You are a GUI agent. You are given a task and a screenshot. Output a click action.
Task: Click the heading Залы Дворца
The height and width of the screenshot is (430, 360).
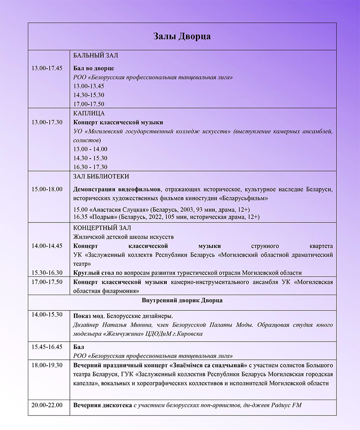click(x=182, y=36)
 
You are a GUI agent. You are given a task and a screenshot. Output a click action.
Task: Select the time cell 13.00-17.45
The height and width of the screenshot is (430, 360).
click(x=47, y=68)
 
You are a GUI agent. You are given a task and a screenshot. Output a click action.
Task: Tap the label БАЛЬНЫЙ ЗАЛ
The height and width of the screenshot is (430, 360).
click(x=96, y=56)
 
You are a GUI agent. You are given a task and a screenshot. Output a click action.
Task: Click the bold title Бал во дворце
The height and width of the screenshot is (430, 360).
click(x=94, y=69)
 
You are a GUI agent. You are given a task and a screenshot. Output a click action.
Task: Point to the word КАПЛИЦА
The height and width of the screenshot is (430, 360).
click(x=89, y=113)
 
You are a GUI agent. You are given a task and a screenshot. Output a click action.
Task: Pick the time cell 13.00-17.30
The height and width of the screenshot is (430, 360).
click(x=47, y=122)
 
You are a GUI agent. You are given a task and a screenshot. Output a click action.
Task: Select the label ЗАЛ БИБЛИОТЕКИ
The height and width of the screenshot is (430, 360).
click(x=102, y=176)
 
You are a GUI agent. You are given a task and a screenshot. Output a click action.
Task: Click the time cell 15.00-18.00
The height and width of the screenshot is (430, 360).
click(x=47, y=189)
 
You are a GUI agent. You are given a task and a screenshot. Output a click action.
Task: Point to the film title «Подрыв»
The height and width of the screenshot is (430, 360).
click(x=103, y=217)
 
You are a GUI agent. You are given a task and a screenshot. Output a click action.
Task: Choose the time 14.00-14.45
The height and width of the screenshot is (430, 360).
click(x=47, y=246)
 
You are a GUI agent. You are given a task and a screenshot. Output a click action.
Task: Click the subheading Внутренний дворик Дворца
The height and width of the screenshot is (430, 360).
click(x=182, y=301)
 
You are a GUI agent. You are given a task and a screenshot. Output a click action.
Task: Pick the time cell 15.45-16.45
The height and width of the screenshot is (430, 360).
click(x=47, y=346)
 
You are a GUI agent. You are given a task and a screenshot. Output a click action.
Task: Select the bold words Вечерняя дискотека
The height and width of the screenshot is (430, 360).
click(x=102, y=405)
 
